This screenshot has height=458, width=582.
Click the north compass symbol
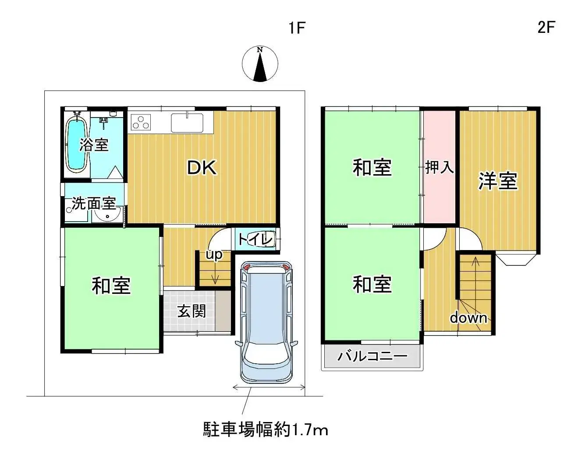[x=260, y=64]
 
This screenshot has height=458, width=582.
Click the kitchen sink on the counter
[x=187, y=122]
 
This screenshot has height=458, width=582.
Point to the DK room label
[x=202, y=168]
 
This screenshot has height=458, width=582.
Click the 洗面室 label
[x=94, y=204]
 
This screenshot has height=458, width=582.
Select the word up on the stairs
[x=214, y=254]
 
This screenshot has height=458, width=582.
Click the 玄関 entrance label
[x=192, y=311]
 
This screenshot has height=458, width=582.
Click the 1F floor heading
[x=297, y=28]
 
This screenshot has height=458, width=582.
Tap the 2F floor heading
[x=546, y=27]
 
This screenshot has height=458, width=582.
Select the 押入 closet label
[x=439, y=167]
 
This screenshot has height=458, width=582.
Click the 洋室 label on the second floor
[x=498, y=180]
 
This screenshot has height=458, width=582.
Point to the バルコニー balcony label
[x=372, y=355]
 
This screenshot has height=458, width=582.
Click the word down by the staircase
[x=468, y=318]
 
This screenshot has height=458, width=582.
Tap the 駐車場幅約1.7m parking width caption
[x=266, y=429]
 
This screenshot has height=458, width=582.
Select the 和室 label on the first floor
[x=111, y=286]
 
